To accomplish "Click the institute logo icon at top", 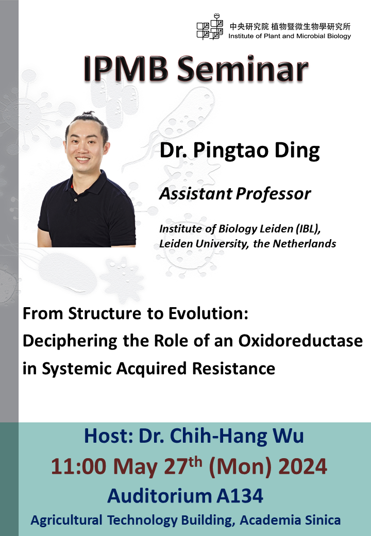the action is pyautogui.click(x=210, y=27).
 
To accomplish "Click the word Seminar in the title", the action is pyautogui.click(x=242, y=70).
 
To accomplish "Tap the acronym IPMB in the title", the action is pyautogui.click(x=126, y=70).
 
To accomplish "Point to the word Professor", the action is pyautogui.click(x=273, y=194).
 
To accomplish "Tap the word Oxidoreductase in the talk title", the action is pyautogui.click(x=300, y=341).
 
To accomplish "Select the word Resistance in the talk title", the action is pyautogui.click(x=233, y=368).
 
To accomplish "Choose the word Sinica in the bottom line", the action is pyautogui.click(x=323, y=520).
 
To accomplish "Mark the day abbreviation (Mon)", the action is pyautogui.click(x=240, y=466).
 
